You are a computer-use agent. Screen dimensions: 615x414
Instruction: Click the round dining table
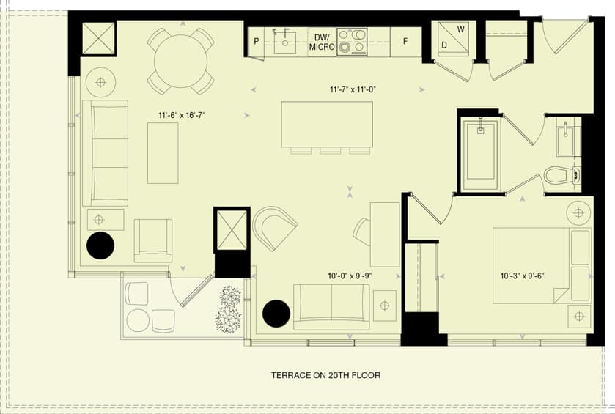pos(180,61)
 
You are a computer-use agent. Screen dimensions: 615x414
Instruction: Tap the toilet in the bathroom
pos(561,175)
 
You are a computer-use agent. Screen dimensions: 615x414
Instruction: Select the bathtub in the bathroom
pos(480,155)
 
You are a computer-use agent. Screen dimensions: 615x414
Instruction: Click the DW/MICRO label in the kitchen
pos(322,42)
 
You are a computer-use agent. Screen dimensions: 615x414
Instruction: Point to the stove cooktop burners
pos(351,41)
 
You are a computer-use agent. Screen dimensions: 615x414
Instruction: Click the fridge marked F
pos(405,42)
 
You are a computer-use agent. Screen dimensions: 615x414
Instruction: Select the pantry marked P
pos(257,42)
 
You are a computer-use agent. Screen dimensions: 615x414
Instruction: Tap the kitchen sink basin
pos(284,42)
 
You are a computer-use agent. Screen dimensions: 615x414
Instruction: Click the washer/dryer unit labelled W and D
pos(454,38)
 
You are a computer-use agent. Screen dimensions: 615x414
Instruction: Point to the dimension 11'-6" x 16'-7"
pos(182,115)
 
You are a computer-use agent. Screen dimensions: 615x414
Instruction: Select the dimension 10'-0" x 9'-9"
pos(350,276)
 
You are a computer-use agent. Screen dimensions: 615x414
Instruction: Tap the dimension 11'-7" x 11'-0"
pos(353,90)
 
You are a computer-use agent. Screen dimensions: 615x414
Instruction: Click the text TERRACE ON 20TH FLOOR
pos(326,375)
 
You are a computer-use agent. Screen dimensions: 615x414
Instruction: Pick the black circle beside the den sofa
pos(276,313)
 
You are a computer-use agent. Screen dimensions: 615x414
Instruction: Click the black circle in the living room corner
pos(100,245)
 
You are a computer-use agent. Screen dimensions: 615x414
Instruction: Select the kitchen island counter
pos(327,125)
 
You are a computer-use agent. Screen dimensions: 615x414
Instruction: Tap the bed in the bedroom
pos(542,265)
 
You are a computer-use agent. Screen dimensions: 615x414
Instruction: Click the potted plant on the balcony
pos(228,310)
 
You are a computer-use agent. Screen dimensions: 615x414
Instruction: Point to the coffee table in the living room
pos(163,153)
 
